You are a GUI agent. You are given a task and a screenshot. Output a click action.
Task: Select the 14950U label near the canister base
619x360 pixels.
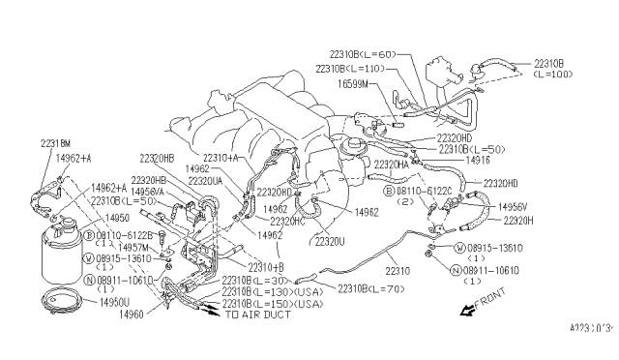[x=108, y=303]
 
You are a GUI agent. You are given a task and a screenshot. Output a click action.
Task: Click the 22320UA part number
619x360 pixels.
[x=207, y=181]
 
